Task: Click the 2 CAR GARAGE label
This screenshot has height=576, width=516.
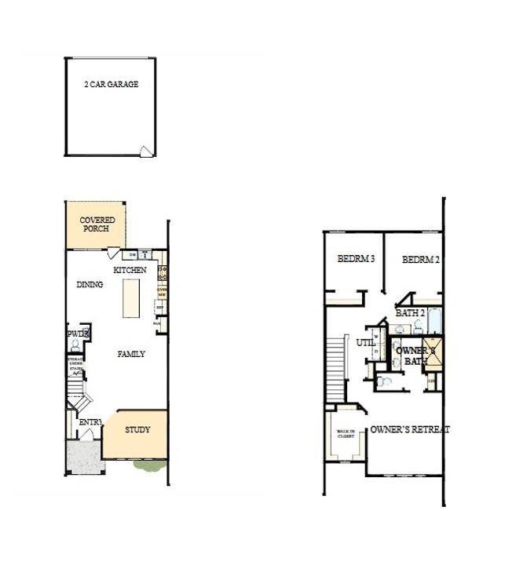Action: pos(111,84)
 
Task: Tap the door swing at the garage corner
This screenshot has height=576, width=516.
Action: pos(145,152)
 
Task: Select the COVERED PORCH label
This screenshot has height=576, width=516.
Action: pos(97,224)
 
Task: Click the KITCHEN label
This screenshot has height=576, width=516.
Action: pos(130,270)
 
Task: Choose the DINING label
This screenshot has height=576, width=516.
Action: pos(90,284)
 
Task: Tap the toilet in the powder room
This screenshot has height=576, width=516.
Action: pos(85,335)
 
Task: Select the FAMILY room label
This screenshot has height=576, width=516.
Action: pos(131,354)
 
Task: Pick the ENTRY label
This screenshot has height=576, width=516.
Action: pos(90,423)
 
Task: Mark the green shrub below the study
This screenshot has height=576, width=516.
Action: pos(148,466)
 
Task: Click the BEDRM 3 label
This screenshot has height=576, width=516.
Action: pos(356,259)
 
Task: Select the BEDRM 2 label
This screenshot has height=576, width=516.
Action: pos(421,259)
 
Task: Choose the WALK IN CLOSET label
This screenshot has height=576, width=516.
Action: pos(346,434)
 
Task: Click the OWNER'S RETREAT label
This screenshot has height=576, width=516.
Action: pos(409,429)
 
